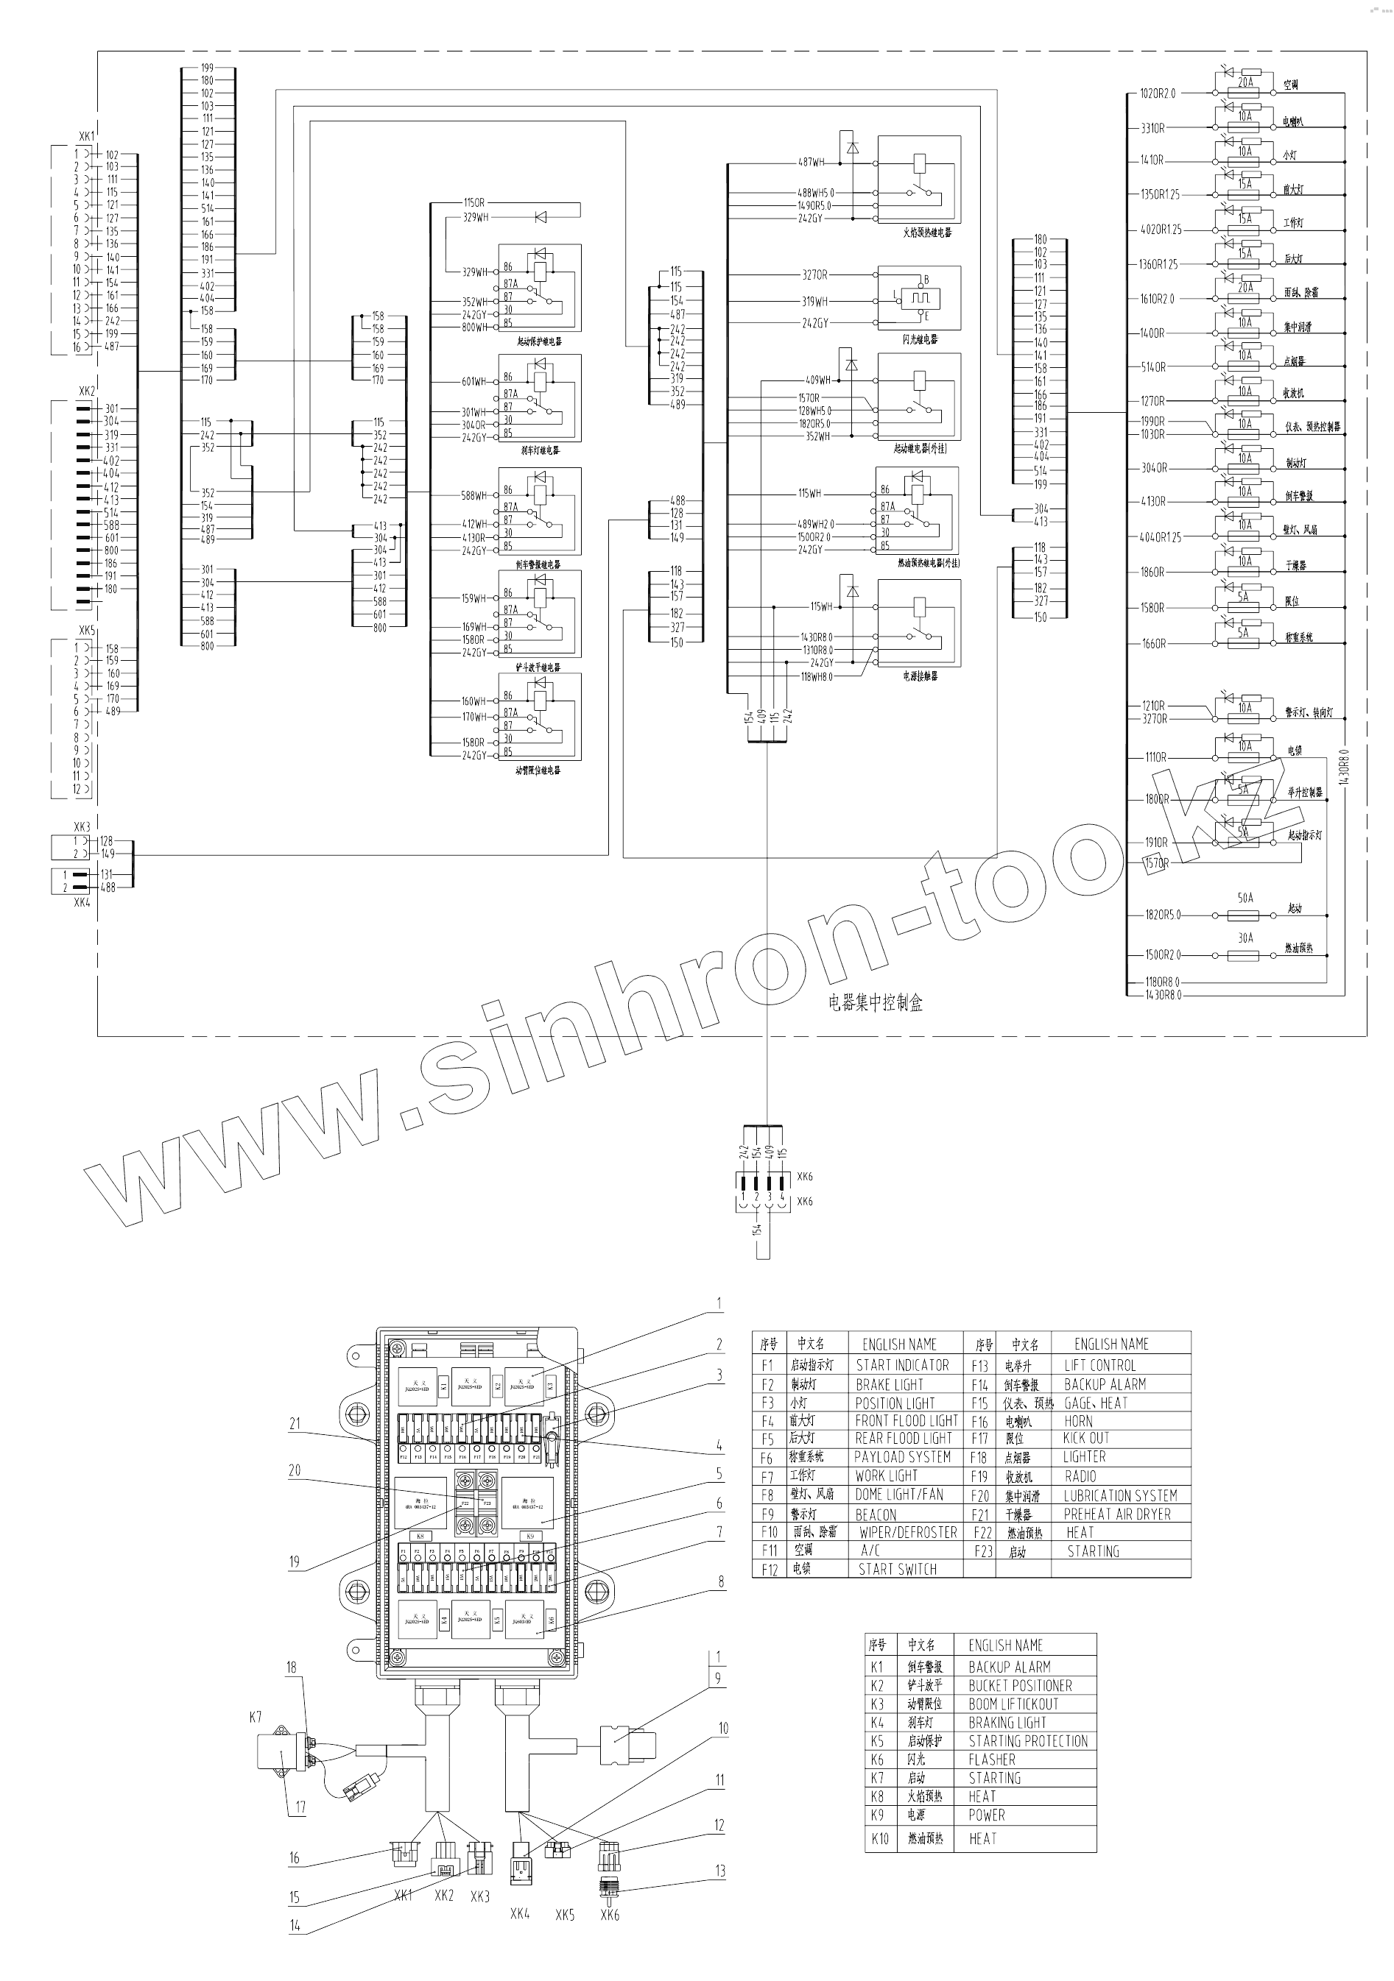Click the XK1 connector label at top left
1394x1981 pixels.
coord(86,136)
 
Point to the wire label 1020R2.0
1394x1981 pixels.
coord(1158,93)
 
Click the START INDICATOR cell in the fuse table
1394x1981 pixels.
coord(902,1365)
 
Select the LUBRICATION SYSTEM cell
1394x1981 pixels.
coord(1119,1495)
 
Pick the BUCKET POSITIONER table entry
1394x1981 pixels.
coord(1019,1685)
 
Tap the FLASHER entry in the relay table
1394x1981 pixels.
coord(992,1759)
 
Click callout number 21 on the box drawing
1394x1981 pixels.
coord(295,1424)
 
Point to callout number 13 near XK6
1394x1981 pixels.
coord(720,1871)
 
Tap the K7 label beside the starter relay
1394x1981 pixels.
coord(256,1717)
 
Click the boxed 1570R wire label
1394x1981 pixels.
coord(1155,862)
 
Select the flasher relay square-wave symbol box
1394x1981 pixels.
coord(919,300)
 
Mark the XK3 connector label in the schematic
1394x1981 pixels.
coord(82,826)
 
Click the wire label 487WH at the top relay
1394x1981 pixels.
coord(811,162)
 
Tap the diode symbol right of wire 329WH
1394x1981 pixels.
coord(541,217)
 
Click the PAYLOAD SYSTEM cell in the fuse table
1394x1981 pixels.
coord(902,1456)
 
